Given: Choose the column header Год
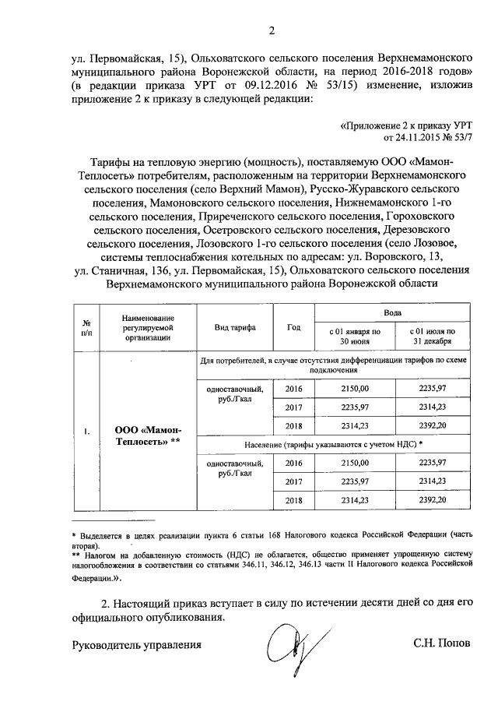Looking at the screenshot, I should tap(293, 328).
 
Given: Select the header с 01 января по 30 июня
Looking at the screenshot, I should tap(354, 337).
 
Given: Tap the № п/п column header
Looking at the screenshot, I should tap(88, 328).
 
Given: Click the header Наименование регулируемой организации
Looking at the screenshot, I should tap(148, 328).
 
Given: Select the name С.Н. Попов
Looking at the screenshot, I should tap(442, 644).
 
